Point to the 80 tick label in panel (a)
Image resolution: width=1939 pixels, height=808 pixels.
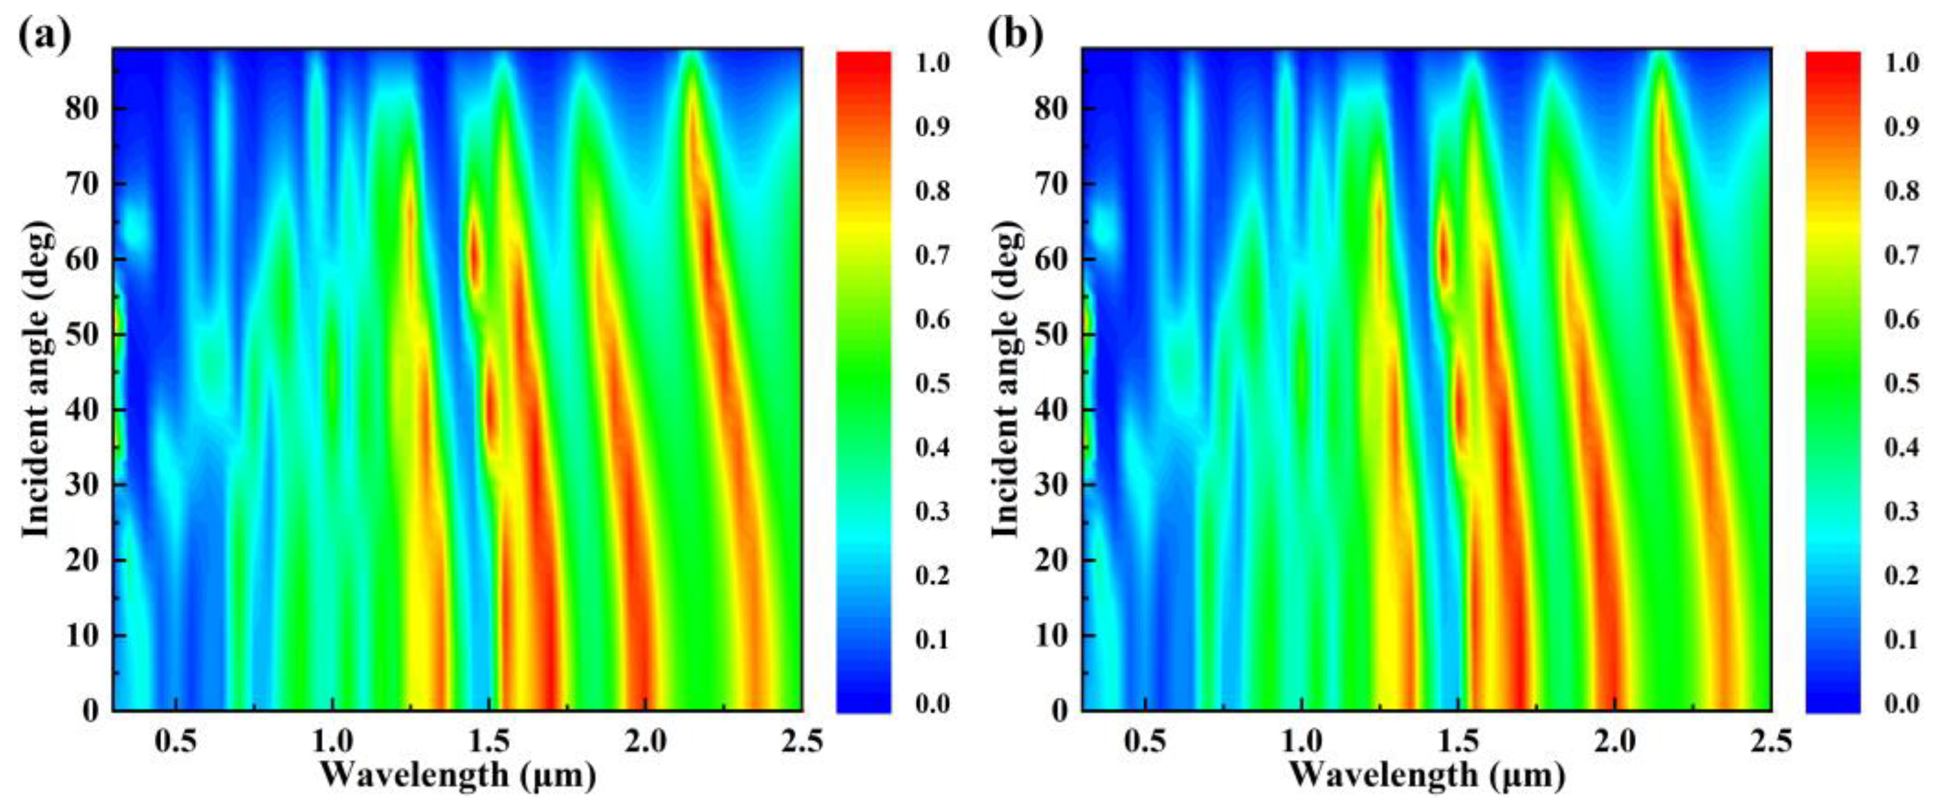tap(82, 109)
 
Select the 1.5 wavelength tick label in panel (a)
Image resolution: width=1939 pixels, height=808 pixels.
tap(489, 742)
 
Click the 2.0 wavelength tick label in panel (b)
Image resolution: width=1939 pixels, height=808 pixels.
tap(1615, 742)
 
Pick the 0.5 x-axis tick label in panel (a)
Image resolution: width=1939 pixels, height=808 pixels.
tap(175, 742)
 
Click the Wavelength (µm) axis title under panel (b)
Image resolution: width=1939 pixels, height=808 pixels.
tap(1428, 776)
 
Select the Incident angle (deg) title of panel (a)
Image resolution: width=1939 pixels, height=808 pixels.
tap(37, 380)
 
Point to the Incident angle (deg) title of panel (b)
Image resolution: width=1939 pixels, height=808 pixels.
tap(1006, 380)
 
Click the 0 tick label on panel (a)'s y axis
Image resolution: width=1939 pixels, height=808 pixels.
tap(90, 711)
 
